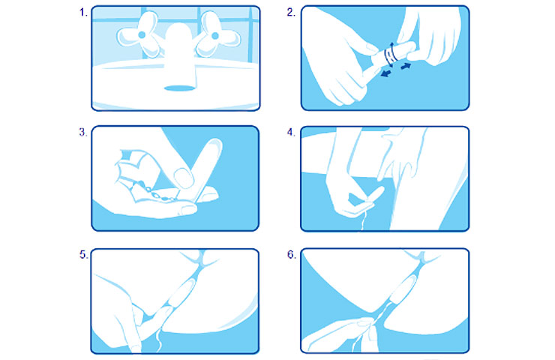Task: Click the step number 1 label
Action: pos(83,13)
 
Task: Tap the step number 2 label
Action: pos(291,13)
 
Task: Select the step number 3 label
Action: pos(83,133)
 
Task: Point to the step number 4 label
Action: pos(291,133)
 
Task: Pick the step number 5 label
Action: pos(83,254)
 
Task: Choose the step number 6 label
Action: pos(291,254)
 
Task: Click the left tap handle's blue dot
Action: pos(142,34)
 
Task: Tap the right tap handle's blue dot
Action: pos(214,35)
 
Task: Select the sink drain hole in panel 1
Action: pos(180,88)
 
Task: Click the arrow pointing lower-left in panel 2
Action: pos(386,73)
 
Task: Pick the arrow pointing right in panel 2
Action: pos(406,66)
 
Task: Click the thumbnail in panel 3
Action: pos(184,178)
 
